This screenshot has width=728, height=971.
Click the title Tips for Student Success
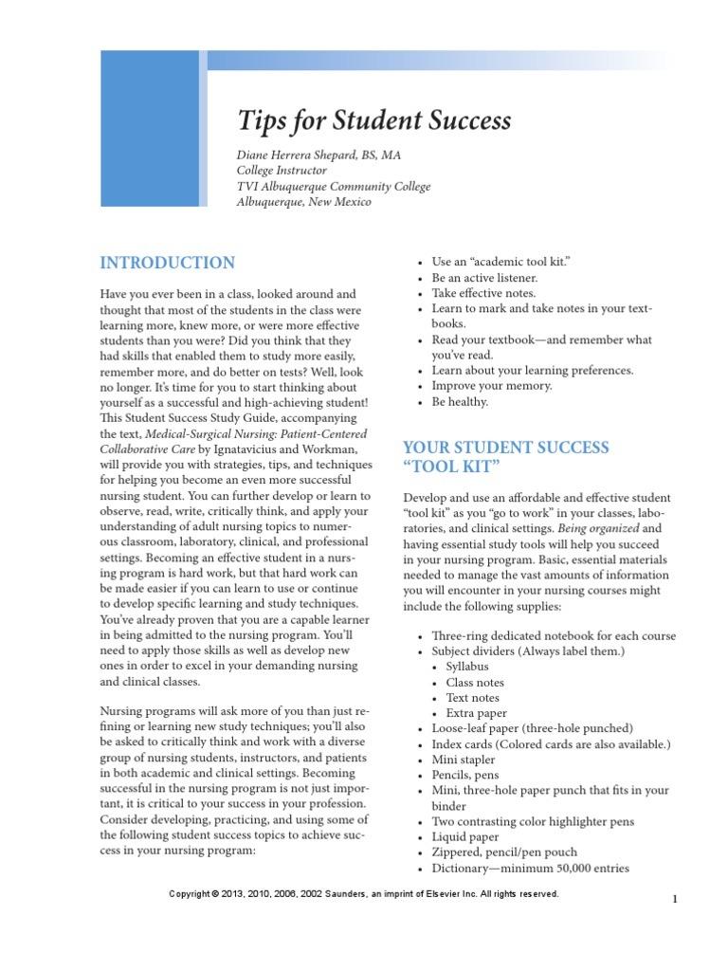[x=373, y=120]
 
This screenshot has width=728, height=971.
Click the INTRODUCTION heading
[x=168, y=263]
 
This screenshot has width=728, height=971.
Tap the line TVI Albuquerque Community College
[x=333, y=187]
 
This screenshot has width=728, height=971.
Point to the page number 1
[x=675, y=900]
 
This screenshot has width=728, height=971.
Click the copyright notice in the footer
[x=363, y=894]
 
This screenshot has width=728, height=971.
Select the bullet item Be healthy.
[x=460, y=401]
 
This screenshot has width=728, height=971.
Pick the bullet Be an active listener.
[x=484, y=278]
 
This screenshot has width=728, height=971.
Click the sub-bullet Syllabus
[x=473, y=667]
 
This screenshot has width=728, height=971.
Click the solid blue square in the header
[x=150, y=128]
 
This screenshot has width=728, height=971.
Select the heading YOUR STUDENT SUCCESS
[x=506, y=447]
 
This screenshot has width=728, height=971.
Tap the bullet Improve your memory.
[x=491, y=386]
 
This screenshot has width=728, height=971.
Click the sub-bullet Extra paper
[x=476, y=713]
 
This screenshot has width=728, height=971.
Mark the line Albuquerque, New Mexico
[x=303, y=202]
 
